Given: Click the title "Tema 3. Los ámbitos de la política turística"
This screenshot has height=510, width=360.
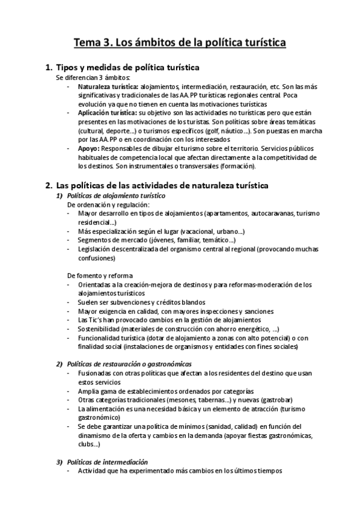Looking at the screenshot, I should click(x=180, y=43).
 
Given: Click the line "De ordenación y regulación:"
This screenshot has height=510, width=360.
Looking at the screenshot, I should click(x=108, y=205).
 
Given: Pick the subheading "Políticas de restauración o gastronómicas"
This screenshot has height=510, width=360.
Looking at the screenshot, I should click(x=129, y=364).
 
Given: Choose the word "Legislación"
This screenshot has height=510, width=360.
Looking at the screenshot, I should click(x=95, y=249).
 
